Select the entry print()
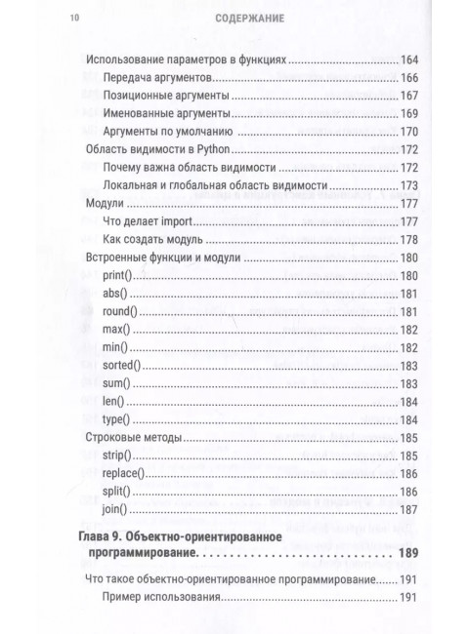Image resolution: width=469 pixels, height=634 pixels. click(119, 276)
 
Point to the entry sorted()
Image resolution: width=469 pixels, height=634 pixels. click(122, 365)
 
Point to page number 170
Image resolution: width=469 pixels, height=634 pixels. click(408, 132)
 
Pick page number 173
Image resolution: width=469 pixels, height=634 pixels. click(408, 186)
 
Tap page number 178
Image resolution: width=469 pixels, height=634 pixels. click(408, 240)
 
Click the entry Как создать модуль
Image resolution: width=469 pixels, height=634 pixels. click(151, 240)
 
